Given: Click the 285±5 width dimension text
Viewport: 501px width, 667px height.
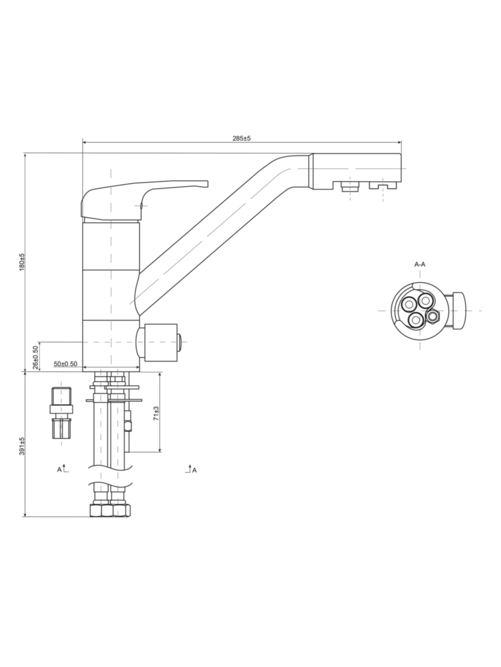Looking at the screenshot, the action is (x=242, y=138).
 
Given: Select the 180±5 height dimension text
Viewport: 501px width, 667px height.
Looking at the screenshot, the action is (x=22, y=262).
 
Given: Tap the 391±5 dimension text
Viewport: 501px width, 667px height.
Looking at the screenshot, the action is (x=22, y=446).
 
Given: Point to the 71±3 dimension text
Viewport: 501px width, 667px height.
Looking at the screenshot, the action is (x=156, y=413).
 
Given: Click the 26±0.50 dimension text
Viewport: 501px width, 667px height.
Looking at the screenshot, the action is (x=36, y=357).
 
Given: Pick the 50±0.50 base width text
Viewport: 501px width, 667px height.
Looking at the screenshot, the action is (x=65, y=364).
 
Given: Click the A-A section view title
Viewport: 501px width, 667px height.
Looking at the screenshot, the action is (x=420, y=265).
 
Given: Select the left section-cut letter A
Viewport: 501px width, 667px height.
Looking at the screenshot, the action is (x=60, y=470).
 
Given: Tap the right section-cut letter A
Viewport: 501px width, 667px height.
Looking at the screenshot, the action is (x=194, y=470).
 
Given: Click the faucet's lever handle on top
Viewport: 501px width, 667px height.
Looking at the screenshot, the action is (x=145, y=200).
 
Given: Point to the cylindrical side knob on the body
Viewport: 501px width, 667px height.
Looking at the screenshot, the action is (x=158, y=342).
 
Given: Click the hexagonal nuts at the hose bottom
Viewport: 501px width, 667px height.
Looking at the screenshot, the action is (x=110, y=510).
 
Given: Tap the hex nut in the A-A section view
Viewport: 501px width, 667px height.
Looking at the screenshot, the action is (x=433, y=316).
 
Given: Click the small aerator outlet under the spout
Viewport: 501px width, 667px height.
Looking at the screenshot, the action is (x=350, y=186).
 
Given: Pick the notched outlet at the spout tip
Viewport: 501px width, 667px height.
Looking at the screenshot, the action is (x=383, y=185).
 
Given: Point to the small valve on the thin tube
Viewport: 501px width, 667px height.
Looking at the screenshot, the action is (x=128, y=421).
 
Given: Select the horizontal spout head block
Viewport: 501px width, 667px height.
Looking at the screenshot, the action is (x=355, y=171).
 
